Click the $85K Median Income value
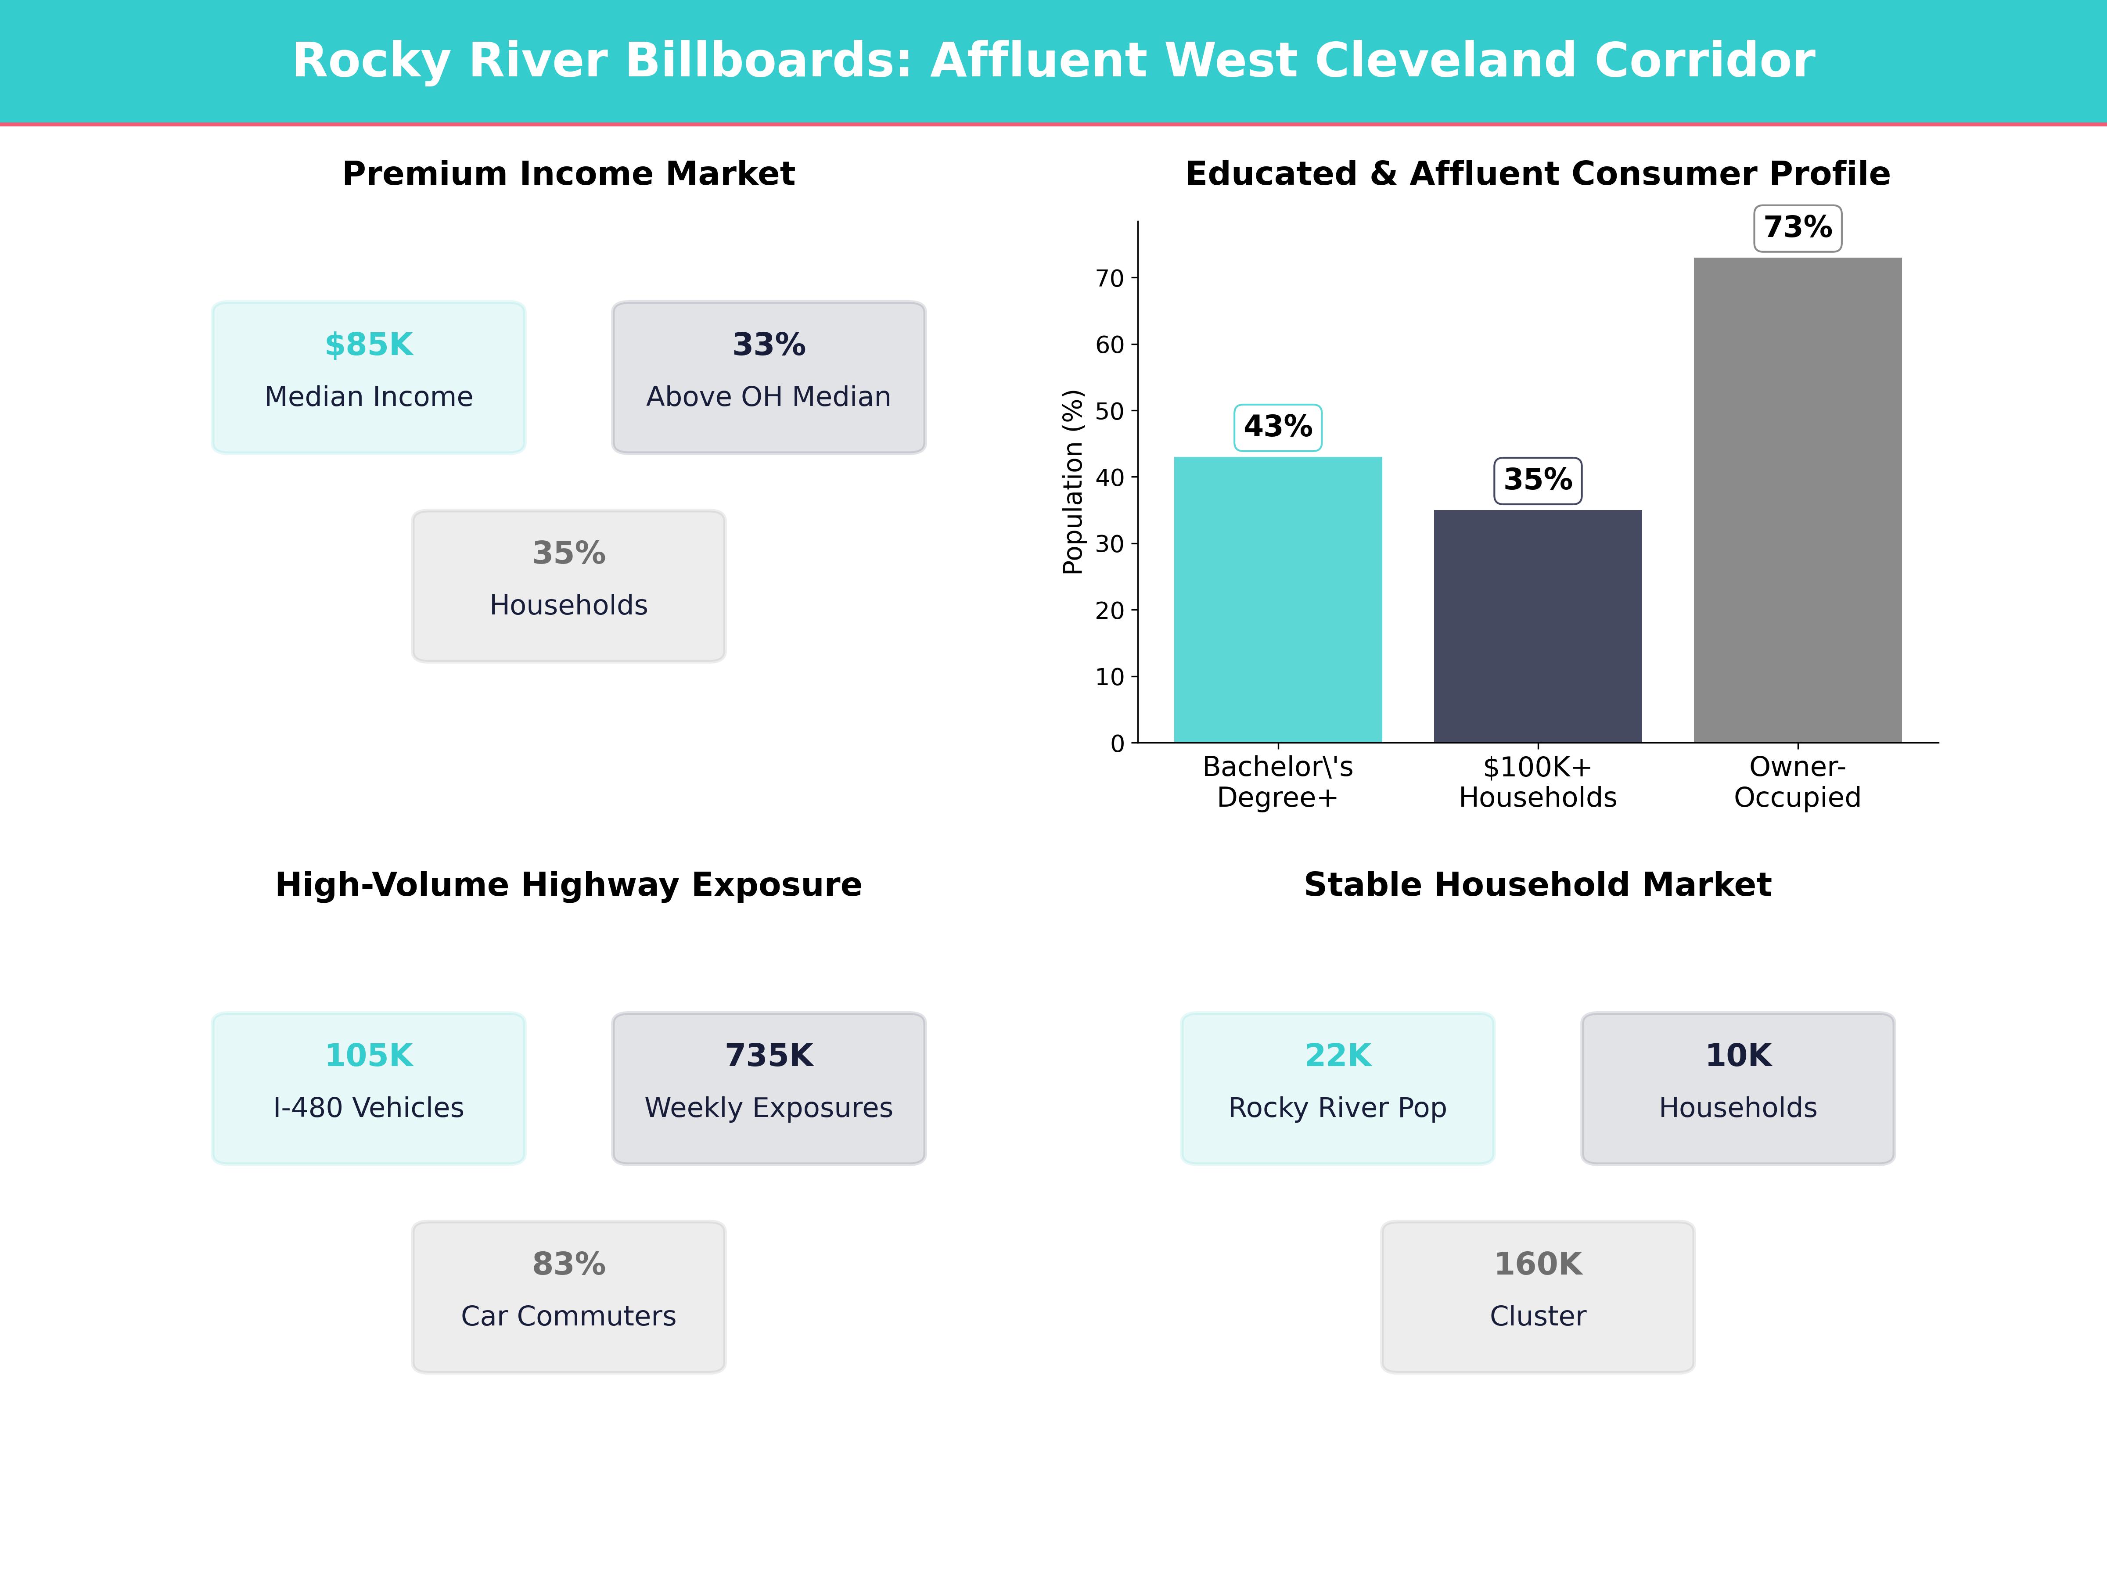point(369,345)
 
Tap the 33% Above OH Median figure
point(769,345)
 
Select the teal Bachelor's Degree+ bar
point(1277,600)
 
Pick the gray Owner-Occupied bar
point(1798,500)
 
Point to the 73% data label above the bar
point(1798,228)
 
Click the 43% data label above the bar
point(1277,427)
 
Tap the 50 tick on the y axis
point(1110,411)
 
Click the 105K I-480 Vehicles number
point(369,1055)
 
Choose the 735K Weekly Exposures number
point(769,1055)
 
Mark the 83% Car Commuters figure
point(568,1264)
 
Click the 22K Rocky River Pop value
point(1338,1055)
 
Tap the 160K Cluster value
point(1537,1264)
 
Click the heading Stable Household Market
point(1537,885)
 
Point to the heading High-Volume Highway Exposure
point(568,885)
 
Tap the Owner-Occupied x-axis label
point(1798,782)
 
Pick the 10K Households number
point(1737,1055)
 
